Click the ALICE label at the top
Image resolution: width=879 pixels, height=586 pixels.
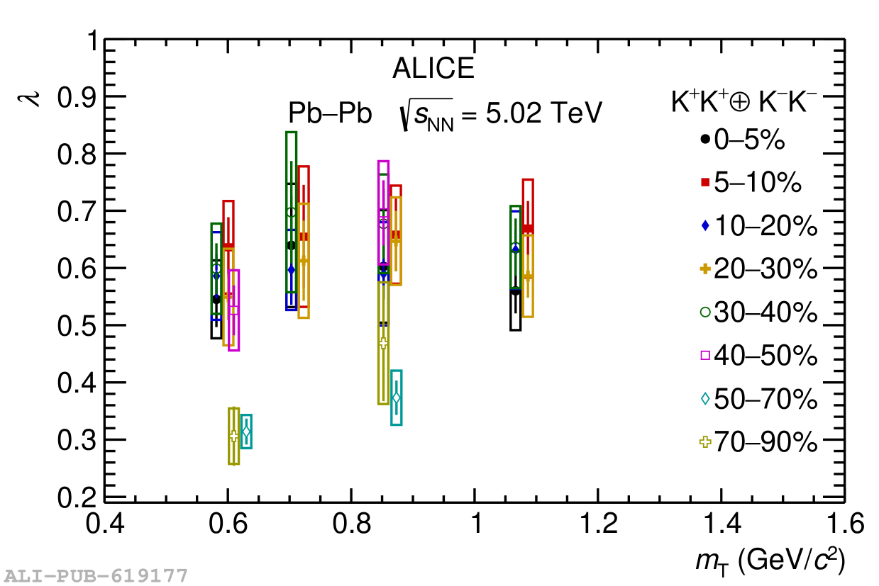[x=433, y=69]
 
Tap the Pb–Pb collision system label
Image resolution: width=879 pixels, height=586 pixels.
[x=330, y=113]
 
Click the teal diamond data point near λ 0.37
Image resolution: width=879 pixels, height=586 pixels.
[x=397, y=398]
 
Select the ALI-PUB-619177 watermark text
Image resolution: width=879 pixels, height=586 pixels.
[x=96, y=575]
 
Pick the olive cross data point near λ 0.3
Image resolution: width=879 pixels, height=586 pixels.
[x=234, y=436]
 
